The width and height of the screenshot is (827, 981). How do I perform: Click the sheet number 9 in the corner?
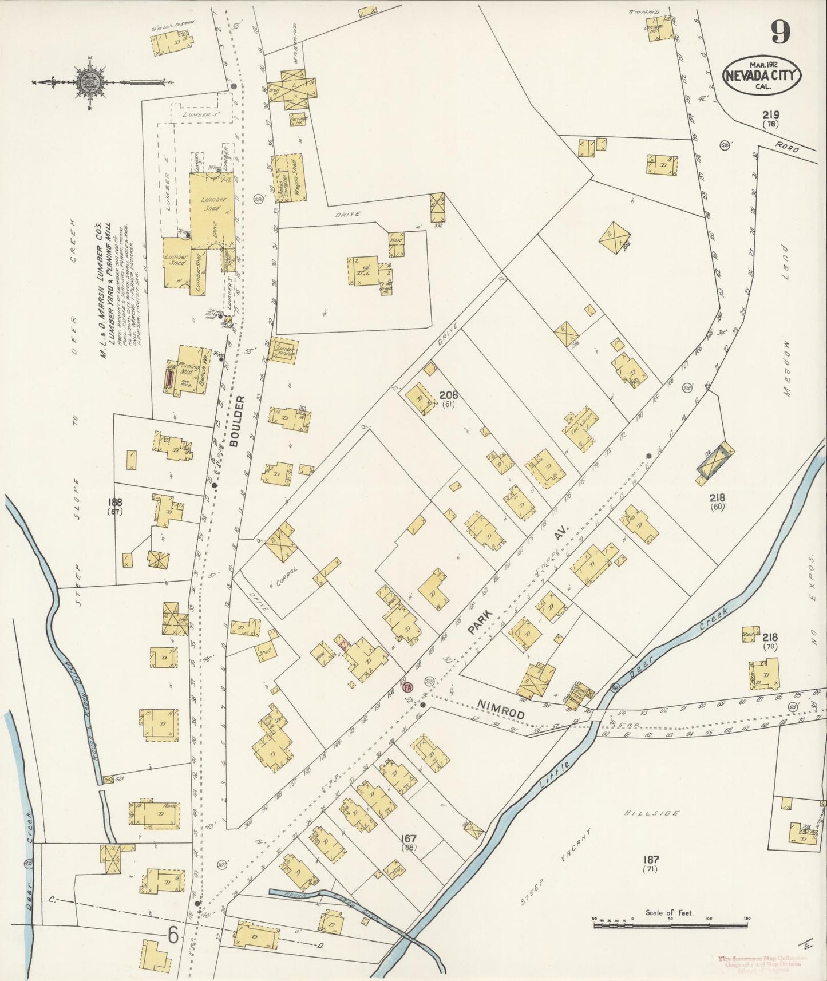point(781,32)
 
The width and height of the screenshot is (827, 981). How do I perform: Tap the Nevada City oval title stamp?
point(762,75)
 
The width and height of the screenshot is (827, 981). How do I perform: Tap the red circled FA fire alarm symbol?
point(408,687)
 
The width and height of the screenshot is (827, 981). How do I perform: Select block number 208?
point(448,395)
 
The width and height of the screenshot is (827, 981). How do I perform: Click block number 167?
point(409,839)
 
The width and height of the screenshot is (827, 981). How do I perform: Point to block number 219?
point(770,114)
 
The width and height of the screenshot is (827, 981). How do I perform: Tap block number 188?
point(116,502)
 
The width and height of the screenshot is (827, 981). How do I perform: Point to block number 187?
point(651,859)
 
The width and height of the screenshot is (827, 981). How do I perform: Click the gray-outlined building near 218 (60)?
point(713,461)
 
